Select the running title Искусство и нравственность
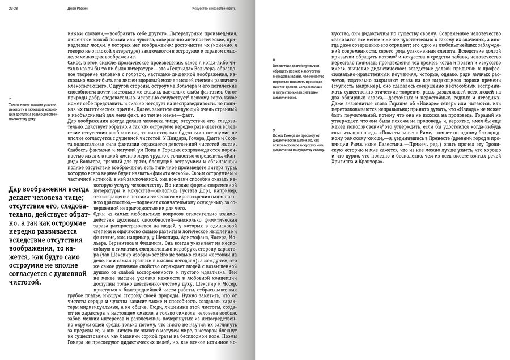coord(214,9)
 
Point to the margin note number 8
coord(274,60)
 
